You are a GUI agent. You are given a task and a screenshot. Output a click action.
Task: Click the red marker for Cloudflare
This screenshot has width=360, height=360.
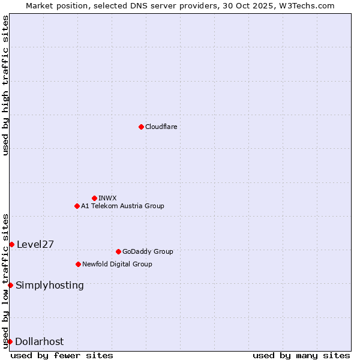(x=141, y=127)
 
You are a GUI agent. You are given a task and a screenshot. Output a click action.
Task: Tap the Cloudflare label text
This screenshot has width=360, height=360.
(x=161, y=127)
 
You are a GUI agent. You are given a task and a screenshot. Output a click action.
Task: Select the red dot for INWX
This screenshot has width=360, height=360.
(x=94, y=198)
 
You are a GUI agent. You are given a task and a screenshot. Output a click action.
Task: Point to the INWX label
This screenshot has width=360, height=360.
(x=107, y=198)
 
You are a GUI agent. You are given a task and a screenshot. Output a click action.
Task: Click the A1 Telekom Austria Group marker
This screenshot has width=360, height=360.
(x=77, y=206)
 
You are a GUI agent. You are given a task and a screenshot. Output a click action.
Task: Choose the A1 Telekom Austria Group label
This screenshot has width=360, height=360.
(x=122, y=206)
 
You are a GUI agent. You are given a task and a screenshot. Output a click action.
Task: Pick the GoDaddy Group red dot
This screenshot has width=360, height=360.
(x=118, y=251)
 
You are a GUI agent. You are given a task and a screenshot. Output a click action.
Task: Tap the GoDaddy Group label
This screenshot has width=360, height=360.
(x=147, y=251)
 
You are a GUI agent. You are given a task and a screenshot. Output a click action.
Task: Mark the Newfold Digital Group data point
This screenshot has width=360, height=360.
(x=78, y=264)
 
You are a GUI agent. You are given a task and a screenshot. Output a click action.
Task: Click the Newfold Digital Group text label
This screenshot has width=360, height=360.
(x=117, y=264)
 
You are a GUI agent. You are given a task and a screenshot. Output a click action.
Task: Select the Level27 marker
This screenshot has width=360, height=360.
(x=11, y=244)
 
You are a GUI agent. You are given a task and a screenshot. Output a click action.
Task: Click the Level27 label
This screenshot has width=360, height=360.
(x=35, y=244)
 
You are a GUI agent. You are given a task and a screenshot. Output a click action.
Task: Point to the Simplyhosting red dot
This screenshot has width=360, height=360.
(x=10, y=285)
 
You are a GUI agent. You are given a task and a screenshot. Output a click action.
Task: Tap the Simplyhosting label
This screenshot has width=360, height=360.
(x=50, y=285)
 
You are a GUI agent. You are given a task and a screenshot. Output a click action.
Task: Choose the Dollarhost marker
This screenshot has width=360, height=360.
(x=10, y=341)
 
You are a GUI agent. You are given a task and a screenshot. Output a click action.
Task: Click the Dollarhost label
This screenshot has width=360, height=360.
(x=39, y=341)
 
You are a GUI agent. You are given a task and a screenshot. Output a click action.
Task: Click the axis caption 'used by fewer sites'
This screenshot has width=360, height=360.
(x=62, y=355)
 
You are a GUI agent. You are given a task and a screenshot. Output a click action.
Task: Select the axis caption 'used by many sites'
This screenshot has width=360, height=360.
(x=301, y=355)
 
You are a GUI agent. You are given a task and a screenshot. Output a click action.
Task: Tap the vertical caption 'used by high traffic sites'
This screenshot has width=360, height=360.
(x=6, y=85)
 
